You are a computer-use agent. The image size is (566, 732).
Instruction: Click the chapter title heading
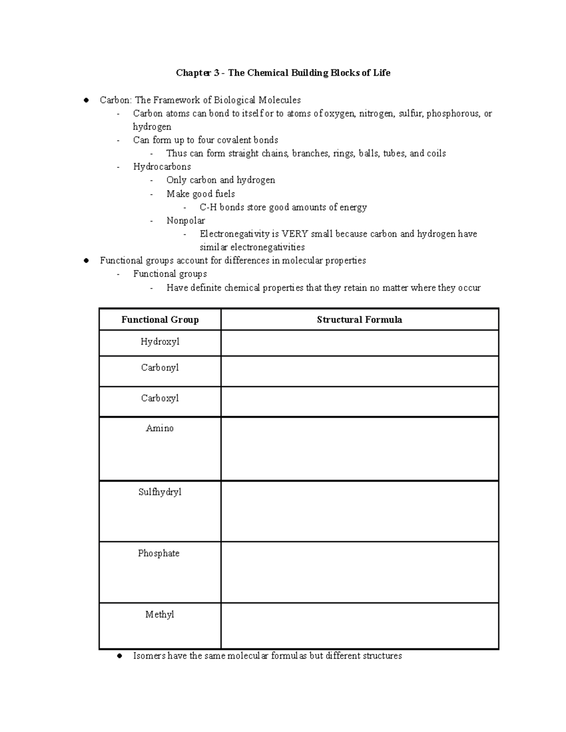283,73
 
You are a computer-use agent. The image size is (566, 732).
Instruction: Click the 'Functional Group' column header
160,320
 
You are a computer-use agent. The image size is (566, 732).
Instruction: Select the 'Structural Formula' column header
359,320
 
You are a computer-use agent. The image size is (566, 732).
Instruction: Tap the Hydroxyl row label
160,342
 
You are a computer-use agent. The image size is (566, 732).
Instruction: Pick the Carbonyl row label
160,368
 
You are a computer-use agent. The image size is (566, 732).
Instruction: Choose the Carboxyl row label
160,398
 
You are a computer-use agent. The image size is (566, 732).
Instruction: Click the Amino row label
160,428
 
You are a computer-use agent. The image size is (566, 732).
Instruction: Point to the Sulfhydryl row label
160,492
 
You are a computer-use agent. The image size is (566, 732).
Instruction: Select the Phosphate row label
158,553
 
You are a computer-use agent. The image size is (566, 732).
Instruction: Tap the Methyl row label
160,615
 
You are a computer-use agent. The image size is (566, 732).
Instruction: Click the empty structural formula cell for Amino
359,449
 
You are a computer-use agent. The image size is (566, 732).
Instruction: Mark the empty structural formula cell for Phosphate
359,572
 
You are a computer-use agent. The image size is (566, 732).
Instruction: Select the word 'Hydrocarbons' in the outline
162,167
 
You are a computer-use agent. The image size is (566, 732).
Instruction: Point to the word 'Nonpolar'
185,221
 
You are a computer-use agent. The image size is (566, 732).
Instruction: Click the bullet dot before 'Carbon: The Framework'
86,100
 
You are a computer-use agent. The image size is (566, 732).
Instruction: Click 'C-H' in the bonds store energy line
208,207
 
